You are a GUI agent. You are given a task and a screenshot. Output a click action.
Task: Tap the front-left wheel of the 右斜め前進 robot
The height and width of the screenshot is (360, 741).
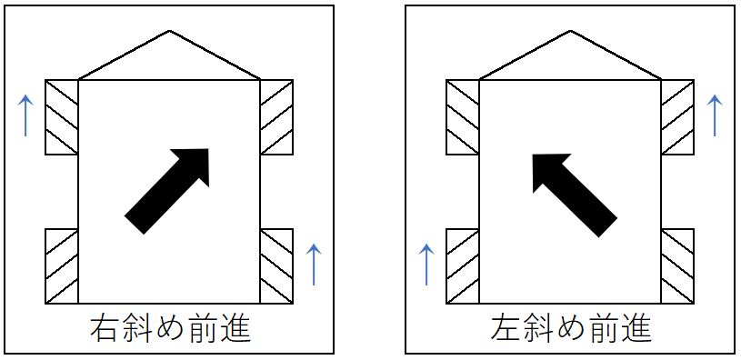tap(62, 117)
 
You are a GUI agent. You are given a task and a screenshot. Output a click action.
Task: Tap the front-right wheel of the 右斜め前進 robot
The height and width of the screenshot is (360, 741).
tap(276, 117)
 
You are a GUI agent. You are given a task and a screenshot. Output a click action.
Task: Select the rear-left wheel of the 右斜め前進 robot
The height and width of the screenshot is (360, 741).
tap(62, 265)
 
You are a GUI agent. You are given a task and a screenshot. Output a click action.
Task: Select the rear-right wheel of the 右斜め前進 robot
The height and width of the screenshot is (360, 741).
tap(276, 265)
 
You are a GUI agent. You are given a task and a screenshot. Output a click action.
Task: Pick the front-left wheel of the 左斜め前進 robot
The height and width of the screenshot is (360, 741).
tap(462, 117)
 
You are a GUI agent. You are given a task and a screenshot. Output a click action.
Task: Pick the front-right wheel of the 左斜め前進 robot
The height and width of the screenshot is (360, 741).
tap(677, 117)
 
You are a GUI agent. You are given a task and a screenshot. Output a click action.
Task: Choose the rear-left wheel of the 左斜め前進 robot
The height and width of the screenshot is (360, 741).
tap(462, 265)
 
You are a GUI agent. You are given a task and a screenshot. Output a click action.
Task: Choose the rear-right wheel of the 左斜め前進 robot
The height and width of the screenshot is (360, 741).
tap(677, 265)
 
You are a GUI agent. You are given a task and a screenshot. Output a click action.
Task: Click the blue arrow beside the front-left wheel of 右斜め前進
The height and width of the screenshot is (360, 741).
tap(26, 115)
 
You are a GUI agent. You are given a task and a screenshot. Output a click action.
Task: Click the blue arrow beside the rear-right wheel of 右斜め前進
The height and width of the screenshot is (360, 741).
tap(313, 264)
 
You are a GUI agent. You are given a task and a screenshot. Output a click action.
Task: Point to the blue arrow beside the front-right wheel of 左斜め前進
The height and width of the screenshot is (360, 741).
tap(714, 115)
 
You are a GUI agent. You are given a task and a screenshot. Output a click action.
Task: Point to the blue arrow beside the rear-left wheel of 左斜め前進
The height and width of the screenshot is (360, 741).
tap(426, 264)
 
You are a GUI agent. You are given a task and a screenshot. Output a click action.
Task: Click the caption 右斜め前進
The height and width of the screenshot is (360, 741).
tap(170, 328)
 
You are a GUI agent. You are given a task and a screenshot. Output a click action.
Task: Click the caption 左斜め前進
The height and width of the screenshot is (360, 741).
tap(570, 328)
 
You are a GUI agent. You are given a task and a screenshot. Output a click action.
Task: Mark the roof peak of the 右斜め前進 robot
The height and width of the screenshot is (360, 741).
tap(170, 33)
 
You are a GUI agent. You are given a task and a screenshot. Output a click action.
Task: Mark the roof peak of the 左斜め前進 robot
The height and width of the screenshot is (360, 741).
tap(570, 33)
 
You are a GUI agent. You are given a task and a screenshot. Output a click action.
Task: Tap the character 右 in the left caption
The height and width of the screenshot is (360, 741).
tap(105, 328)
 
